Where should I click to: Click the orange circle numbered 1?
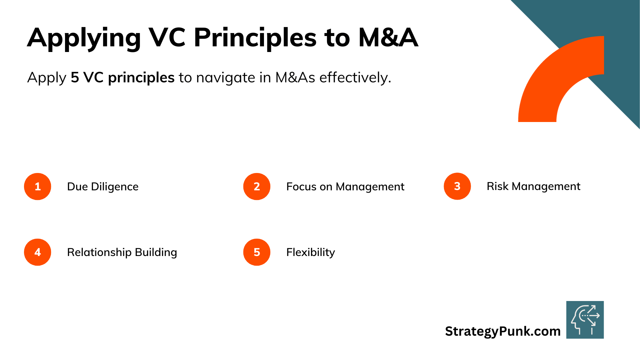pos(38,186)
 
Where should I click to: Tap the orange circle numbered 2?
pos(257,186)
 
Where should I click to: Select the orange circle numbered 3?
pos(457,186)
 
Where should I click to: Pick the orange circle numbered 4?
pos(38,252)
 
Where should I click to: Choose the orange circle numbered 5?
pos(257,252)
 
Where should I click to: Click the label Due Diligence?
pos(103,187)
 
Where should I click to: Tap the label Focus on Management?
pos(345,187)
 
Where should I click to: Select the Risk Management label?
pos(533,186)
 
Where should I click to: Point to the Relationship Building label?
pos(122,252)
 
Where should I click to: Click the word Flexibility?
pos(311,252)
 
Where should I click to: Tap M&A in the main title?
pos(388,37)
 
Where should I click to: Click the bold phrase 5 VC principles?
pos(123,78)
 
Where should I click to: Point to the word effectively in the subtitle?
pos(355,78)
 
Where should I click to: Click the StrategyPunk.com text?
pos(503,331)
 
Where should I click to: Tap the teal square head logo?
pos(585,320)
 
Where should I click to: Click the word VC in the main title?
pos(167,37)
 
